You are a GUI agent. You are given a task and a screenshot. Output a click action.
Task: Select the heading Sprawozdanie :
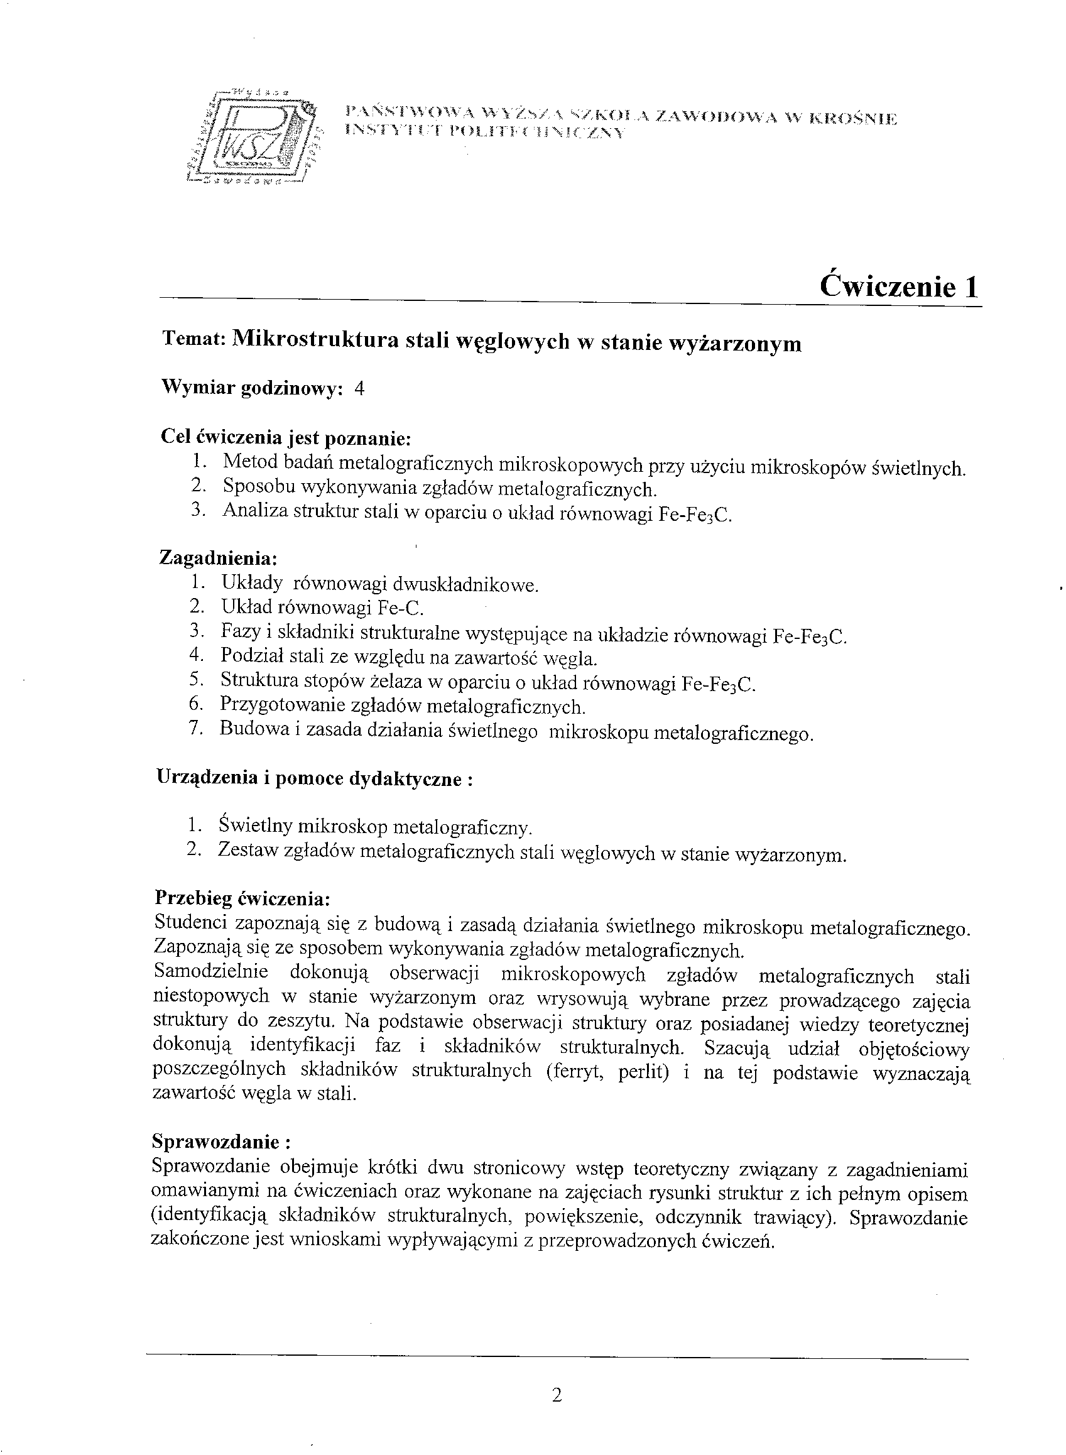pos(220,1142)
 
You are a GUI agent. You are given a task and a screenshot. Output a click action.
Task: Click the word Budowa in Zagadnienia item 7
pos(247,729)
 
